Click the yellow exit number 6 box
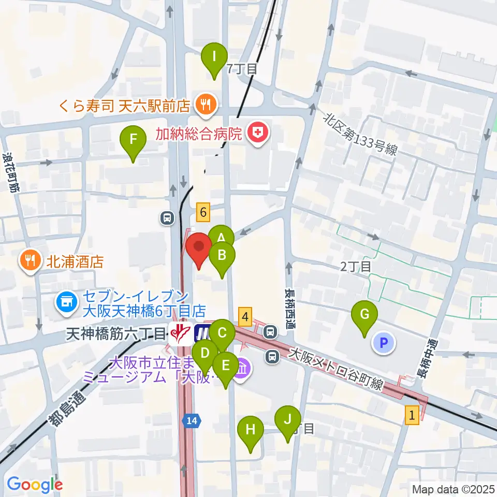tap(203, 211)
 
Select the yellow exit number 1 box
tap(412, 415)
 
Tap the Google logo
tap(35, 485)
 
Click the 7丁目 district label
tap(242, 68)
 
